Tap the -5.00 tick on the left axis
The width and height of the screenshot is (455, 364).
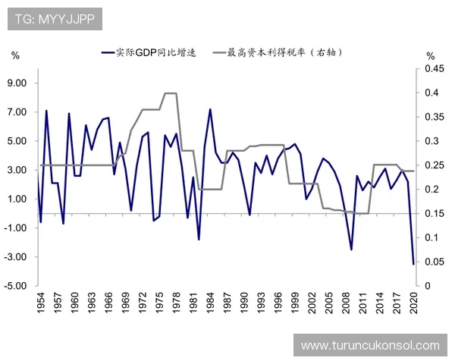(17, 286)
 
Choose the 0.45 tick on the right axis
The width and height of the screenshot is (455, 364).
(433, 69)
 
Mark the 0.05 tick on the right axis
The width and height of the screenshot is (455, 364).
(433, 262)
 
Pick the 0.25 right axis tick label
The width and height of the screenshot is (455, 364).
(433, 165)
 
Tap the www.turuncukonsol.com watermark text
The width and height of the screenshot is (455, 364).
(370, 345)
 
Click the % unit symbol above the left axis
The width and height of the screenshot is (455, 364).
(15, 55)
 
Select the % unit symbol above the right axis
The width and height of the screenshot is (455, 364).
(430, 55)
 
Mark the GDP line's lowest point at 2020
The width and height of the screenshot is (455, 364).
(414, 264)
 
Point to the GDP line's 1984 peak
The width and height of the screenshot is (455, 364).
(210, 109)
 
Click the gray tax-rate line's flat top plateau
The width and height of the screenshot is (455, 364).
(171, 93)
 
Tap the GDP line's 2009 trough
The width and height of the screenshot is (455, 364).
(351, 249)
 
